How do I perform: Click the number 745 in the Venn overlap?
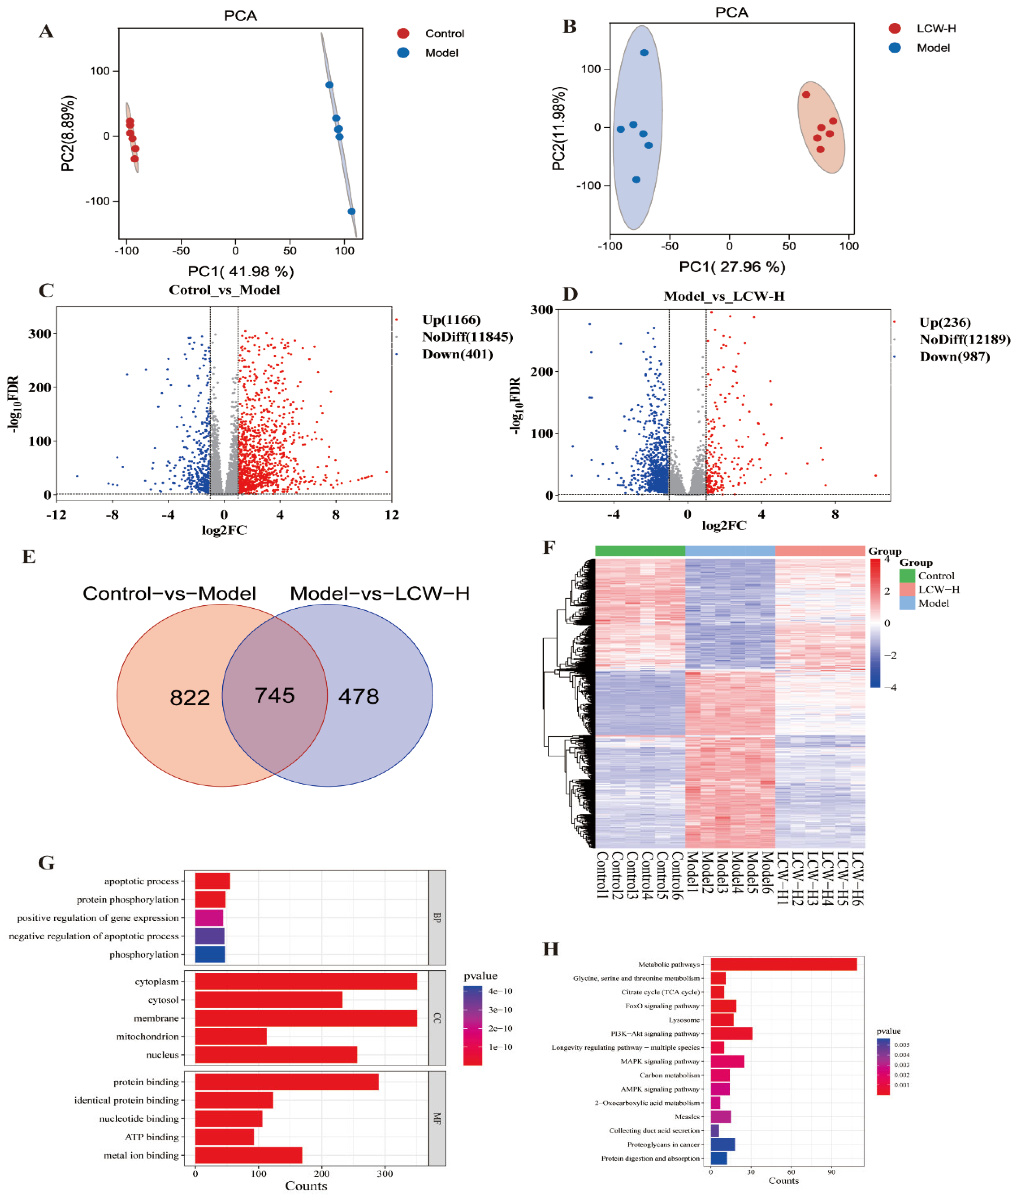click(x=275, y=695)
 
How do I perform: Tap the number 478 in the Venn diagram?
click(x=358, y=697)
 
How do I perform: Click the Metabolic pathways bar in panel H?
click(x=783, y=964)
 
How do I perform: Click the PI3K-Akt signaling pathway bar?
click(x=731, y=1033)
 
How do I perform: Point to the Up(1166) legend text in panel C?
click(x=451, y=319)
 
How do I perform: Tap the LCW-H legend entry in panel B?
click(x=936, y=28)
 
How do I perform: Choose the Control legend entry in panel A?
click(x=444, y=33)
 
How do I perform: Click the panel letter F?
click(x=549, y=547)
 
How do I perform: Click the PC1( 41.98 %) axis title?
click(x=241, y=271)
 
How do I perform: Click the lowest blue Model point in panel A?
click(x=351, y=211)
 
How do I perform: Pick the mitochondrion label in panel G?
click(x=147, y=1037)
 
